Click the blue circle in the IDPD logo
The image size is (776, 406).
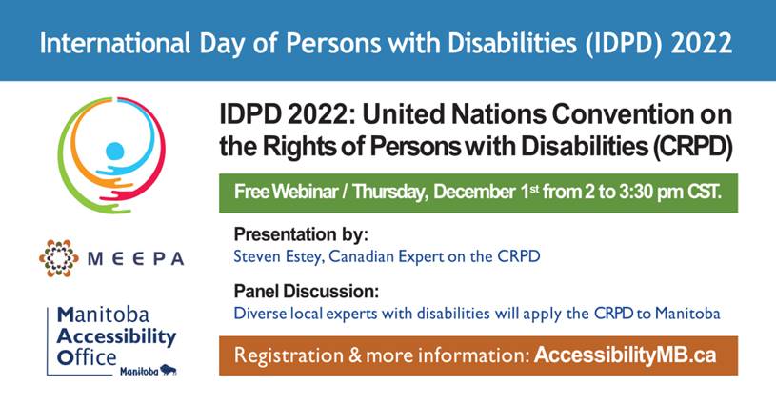tap(115, 151)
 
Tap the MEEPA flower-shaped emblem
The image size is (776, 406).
tap(58, 258)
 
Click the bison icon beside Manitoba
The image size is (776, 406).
tap(169, 371)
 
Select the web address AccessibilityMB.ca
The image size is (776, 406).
tap(625, 355)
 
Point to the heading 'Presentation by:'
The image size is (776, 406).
tap(301, 233)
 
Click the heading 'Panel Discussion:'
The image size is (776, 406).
tap(307, 291)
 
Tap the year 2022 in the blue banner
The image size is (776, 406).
tap(702, 42)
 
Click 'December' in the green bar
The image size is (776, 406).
tap(474, 192)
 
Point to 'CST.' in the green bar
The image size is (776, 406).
tap(704, 192)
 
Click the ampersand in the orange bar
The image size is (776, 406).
tap(355, 355)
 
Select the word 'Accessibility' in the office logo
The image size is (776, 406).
tap(116, 336)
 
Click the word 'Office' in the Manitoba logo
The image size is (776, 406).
tap(87, 357)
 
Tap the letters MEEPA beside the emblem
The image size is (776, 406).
tap(135, 259)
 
